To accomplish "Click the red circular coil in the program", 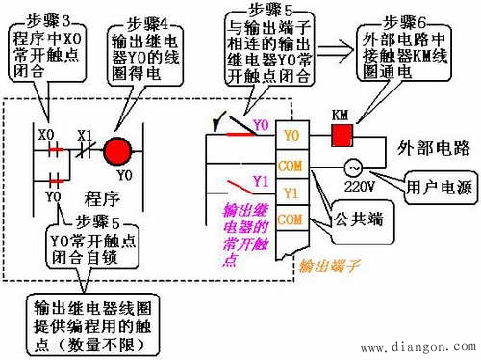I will point(116,151).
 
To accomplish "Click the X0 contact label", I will point(44,135).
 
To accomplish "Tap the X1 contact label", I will point(85,135).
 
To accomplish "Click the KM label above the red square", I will point(340,115).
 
